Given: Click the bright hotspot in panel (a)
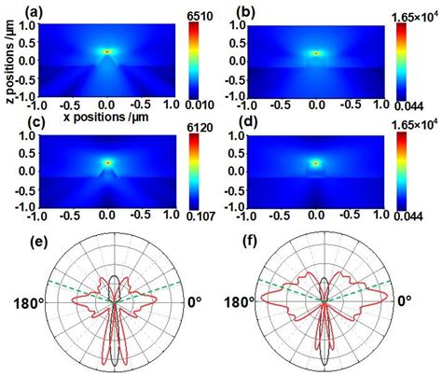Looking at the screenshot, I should click(107, 52).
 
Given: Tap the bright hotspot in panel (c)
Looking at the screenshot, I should click(107, 161).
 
